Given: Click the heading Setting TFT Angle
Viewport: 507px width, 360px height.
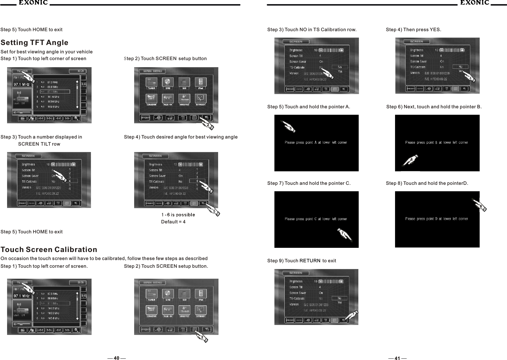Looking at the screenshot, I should pos(34,43).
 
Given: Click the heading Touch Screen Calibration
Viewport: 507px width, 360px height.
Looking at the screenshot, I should pos(49,250).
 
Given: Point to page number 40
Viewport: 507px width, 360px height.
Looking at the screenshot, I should pos(116,358).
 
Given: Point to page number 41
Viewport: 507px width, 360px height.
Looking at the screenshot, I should pos(397,358).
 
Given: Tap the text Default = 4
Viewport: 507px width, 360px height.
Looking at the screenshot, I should pos(173,222).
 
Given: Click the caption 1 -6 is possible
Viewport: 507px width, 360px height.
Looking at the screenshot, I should pos(178,215).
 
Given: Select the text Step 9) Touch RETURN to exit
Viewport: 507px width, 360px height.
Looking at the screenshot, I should pos(301,261).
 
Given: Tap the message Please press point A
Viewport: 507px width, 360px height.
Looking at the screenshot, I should pos(316,142).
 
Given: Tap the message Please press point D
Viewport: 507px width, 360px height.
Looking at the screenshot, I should pos(436,219).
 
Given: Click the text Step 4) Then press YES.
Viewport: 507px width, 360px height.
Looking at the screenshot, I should pos(413,30).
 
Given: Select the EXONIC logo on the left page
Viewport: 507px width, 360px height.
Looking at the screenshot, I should pos(32,3).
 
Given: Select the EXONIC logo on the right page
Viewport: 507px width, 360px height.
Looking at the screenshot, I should pos(475,3).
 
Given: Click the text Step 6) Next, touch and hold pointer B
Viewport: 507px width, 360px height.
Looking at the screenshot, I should pos(434,107).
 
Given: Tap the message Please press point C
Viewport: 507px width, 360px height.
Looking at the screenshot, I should pos(316,219).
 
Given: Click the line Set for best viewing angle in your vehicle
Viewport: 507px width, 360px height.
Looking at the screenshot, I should pos(47,52).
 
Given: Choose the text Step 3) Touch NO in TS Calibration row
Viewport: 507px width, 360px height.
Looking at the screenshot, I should pos(312,30).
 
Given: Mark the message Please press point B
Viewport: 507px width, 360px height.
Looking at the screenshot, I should pos(436,142).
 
